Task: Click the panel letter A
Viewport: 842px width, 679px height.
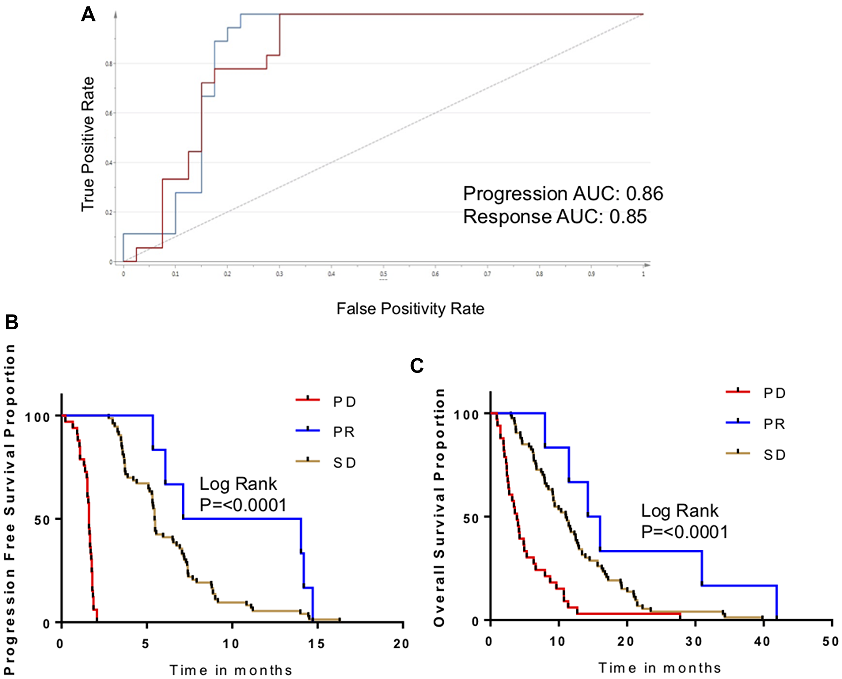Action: (x=88, y=15)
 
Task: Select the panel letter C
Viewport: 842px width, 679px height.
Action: (x=416, y=366)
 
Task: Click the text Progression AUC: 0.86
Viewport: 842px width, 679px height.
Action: (x=563, y=194)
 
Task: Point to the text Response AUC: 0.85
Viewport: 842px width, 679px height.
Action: (x=554, y=217)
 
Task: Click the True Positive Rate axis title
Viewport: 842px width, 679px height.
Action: (x=88, y=144)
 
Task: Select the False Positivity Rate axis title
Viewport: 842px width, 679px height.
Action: (x=410, y=309)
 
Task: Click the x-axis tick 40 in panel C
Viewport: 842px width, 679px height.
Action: (x=762, y=642)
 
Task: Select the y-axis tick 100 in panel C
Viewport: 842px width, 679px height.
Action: (x=466, y=415)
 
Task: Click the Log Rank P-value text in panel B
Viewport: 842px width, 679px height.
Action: (x=242, y=495)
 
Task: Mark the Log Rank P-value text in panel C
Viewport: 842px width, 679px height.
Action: (x=684, y=522)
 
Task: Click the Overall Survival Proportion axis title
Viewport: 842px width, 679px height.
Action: (x=439, y=507)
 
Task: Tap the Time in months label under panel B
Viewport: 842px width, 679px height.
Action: (x=231, y=670)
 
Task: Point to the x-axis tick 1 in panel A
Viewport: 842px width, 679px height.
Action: (x=643, y=274)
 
